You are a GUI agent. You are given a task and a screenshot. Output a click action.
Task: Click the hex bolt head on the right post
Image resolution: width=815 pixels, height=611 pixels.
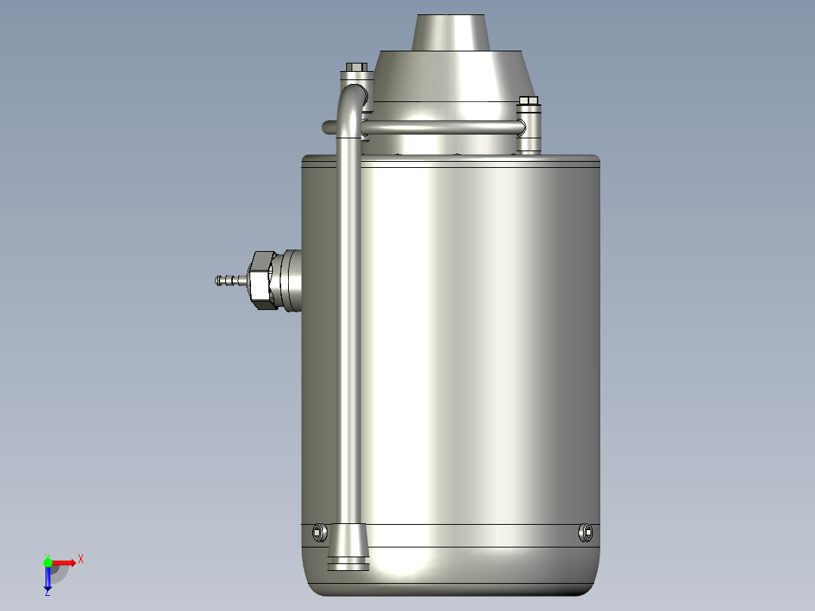click(528, 101)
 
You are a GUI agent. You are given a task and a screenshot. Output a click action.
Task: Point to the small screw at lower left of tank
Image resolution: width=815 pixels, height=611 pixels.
click(318, 532)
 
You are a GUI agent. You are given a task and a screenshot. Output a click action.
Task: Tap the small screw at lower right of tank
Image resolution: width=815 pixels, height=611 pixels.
click(586, 532)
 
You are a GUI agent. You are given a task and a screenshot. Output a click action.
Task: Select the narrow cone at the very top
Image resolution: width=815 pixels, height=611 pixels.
click(451, 33)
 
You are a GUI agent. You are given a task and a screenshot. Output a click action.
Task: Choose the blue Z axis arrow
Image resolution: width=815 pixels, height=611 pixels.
click(48, 578)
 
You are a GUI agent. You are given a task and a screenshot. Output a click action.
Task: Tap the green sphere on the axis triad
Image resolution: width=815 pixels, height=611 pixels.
click(48, 562)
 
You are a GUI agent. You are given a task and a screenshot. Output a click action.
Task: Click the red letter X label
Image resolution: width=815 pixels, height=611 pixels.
click(81, 559)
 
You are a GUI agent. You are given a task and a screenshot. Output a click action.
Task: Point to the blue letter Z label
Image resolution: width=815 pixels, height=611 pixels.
click(47, 594)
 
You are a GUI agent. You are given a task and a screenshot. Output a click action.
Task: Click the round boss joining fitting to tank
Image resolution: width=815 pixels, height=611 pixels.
click(290, 281)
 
